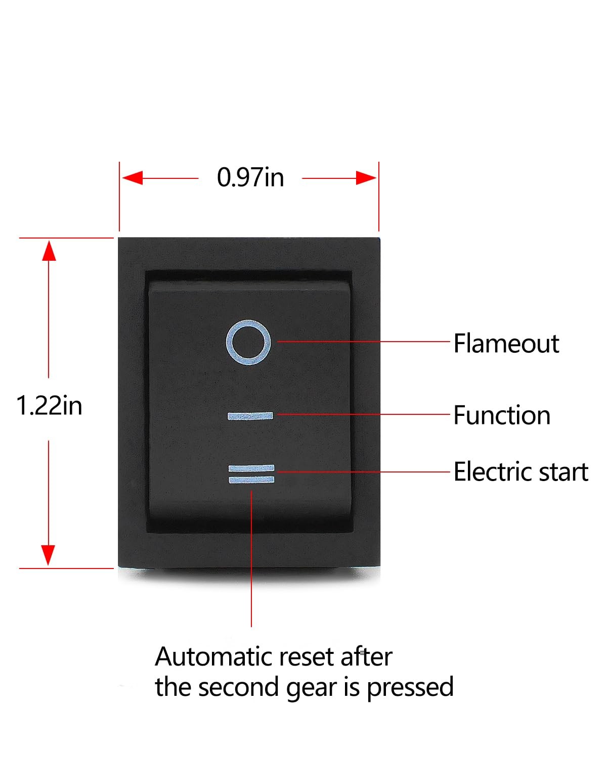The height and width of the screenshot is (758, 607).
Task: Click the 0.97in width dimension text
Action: pyautogui.click(x=250, y=177)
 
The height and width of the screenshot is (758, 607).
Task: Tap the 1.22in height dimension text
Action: pyautogui.click(x=49, y=405)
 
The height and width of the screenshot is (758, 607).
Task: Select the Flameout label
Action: pyautogui.click(x=506, y=343)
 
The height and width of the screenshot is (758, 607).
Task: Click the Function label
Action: pyautogui.click(x=502, y=415)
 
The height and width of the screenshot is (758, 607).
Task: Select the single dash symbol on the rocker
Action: pyautogui.click(x=250, y=416)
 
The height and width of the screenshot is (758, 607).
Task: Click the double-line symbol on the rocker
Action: pyautogui.click(x=251, y=474)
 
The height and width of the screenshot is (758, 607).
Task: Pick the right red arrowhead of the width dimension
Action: pyautogui.click(x=366, y=178)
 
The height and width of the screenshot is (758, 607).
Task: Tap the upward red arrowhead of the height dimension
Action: pyautogui.click(x=49, y=251)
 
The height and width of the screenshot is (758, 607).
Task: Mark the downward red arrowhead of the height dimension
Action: pyautogui.click(x=48, y=555)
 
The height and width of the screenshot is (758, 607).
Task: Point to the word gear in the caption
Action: pyautogui.click(x=312, y=689)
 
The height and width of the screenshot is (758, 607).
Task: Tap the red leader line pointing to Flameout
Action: pyautogui.click(x=363, y=341)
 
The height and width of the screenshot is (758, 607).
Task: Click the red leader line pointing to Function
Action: pyautogui.click(x=363, y=414)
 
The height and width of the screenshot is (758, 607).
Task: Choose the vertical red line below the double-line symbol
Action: pyautogui.click(x=251, y=558)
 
